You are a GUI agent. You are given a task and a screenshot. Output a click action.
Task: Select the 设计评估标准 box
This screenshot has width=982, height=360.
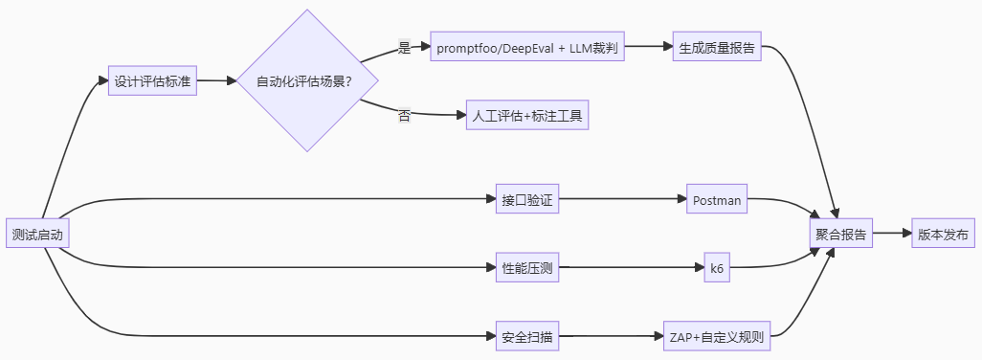152,81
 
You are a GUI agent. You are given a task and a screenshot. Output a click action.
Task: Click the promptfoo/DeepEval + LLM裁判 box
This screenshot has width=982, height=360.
527,46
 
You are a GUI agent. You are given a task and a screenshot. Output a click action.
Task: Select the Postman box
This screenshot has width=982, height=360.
717,200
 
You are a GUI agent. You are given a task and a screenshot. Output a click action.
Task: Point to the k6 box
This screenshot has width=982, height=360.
717,268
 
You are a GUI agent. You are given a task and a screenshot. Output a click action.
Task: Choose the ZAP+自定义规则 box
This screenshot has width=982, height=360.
717,337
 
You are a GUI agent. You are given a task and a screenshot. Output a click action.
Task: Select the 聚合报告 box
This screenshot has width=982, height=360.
841,234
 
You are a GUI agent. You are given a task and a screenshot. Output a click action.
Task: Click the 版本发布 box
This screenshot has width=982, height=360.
943,234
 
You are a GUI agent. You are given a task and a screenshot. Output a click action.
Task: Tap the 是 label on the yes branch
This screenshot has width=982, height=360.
404,48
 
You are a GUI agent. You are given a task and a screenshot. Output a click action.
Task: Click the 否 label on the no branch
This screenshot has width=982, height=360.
404,115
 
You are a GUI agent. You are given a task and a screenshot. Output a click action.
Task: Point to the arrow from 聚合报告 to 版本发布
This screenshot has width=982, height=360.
890,234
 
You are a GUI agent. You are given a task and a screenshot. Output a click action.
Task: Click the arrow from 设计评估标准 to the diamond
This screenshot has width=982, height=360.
216,81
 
